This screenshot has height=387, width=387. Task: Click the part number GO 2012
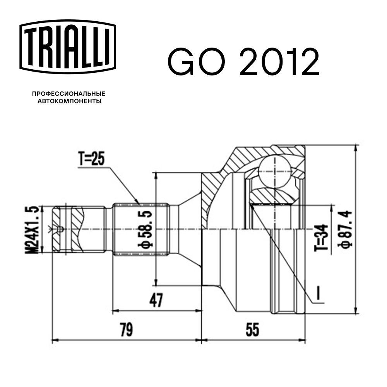[x=243, y=62]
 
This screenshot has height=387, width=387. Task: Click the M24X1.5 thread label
[x=34, y=229]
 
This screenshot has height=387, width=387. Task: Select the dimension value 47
[x=155, y=300]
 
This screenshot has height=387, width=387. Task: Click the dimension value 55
[x=252, y=330]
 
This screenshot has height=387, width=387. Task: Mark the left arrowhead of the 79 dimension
[x=55, y=341]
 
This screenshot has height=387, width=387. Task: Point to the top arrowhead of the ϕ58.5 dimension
[x=156, y=174]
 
